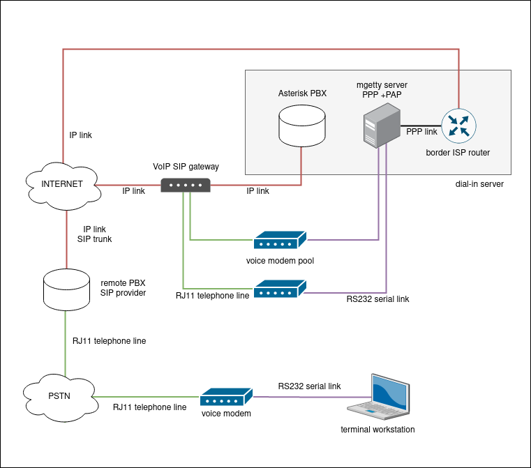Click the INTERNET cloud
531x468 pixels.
click(x=61, y=185)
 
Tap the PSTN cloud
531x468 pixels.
click(x=59, y=397)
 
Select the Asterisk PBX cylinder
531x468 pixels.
click(x=301, y=124)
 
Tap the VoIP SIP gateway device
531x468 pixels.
click(x=185, y=185)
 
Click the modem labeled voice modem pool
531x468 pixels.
click(x=280, y=241)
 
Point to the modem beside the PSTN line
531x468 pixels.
click(x=226, y=398)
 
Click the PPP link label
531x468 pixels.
click(x=421, y=132)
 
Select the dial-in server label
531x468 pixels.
click(x=479, y=184)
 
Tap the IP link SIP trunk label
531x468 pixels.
click(x=94, y=234)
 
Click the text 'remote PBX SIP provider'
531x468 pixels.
click(x=124, y=288)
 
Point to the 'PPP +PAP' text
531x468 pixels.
click(x=382, y=94)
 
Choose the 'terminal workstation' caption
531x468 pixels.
click(x=377, y=429)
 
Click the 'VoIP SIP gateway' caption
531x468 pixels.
click(x=186, y=167)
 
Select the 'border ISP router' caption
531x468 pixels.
click(x=458, y=152)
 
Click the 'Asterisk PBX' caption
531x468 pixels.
click(x=302, y=93)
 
